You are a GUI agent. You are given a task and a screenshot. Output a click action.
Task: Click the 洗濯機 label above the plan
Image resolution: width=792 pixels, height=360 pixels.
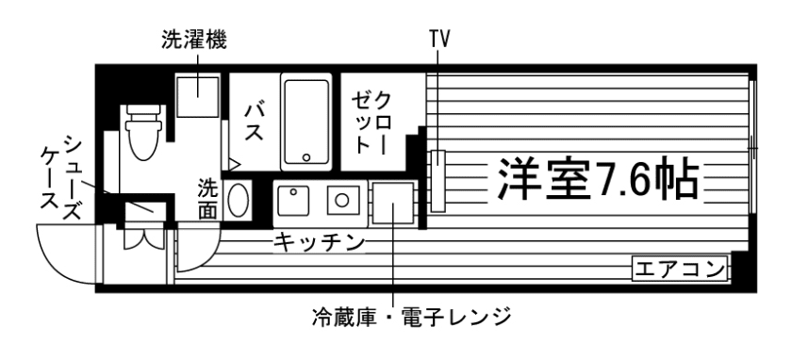(194, 40)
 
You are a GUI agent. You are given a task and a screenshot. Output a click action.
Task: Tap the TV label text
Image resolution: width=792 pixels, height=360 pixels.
(439, 39)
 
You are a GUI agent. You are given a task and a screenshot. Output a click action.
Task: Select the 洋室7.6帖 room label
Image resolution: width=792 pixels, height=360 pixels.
(599, 179)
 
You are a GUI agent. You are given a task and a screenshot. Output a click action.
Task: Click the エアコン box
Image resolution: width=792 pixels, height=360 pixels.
(680, 269)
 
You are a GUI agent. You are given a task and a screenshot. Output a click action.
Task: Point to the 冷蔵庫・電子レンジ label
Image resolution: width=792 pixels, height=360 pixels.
(412, 317)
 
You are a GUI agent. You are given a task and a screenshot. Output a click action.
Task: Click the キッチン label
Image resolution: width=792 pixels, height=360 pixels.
(319, 243)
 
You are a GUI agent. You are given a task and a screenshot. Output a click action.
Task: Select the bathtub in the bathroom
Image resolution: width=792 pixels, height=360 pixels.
(306, 122)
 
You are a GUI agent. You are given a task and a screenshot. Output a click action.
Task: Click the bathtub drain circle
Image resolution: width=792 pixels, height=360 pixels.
(306, 157)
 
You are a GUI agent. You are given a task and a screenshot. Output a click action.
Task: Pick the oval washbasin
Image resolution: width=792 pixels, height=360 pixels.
(238, 200)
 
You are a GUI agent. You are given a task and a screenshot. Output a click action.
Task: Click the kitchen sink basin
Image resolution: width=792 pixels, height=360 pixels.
(292, 201)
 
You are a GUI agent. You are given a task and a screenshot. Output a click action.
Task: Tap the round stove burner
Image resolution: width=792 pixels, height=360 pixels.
(342, 201)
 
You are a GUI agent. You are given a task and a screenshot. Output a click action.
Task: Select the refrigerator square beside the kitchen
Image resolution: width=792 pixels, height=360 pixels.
(393, 204)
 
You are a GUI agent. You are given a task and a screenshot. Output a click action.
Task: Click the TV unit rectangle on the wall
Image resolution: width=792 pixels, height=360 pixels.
(437, 181)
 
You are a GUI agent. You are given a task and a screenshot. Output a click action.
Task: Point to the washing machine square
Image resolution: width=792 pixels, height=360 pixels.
(197, 95)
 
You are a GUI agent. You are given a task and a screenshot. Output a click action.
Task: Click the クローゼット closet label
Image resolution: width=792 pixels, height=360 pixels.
(371, 123)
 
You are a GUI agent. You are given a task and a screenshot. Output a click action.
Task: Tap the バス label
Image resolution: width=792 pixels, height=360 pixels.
(254, 122)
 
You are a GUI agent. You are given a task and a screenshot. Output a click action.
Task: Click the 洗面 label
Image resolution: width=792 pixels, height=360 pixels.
(207, 199)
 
